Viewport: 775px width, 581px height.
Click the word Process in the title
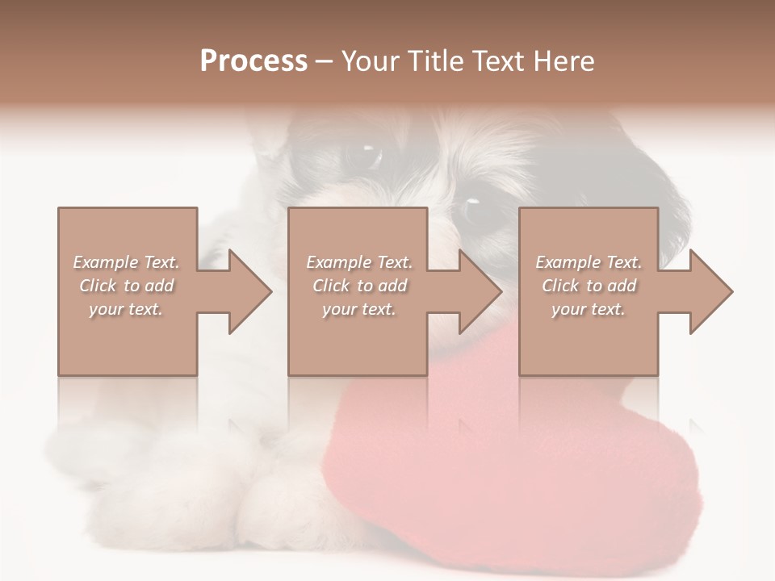point(253,61)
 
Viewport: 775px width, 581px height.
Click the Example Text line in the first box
point(126,262)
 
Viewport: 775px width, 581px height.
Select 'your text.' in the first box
point(126,309)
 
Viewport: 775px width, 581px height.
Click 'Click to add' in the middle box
point(359,286)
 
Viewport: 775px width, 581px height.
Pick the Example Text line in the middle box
point(359,262)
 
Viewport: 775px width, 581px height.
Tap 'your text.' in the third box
point(589,309)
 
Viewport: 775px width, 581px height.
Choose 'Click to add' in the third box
point(589,286)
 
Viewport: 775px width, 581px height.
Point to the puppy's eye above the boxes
point(367,155)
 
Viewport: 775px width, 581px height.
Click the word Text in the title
point(496,61)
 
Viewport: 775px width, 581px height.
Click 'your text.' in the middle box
point(359,309)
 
